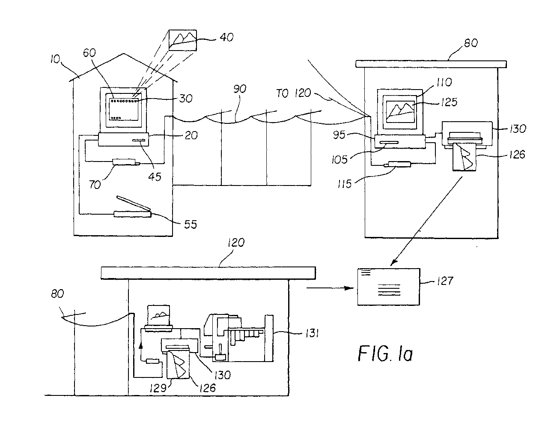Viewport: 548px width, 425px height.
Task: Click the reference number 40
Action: click(226, 37)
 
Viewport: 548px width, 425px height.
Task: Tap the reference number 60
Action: click(89, 53)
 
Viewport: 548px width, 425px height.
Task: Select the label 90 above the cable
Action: click(240, 89)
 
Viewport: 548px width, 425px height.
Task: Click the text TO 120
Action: click(294, 93)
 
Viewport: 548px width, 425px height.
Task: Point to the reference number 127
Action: click(445, 281)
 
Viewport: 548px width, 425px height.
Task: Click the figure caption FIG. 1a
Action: click(385, 353)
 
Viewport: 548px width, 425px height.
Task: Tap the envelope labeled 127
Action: click(389, 287)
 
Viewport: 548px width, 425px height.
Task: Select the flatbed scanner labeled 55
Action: click(133, 207)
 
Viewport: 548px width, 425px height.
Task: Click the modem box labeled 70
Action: click(126, 162)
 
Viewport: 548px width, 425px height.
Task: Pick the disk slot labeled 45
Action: click(139, 140)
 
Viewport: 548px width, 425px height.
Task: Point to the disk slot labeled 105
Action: click(389, 143)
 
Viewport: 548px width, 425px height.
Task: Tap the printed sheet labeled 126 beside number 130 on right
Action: click(464, 157)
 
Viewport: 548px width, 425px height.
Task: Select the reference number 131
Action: click(312, 334)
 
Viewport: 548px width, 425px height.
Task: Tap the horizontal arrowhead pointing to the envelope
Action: click(349, 288)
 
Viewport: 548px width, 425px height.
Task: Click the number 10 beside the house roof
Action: click(55, 59)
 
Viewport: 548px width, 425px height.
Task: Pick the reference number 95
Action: click(339, 135)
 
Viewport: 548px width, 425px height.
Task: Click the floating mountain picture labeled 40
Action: click(182, 40)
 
